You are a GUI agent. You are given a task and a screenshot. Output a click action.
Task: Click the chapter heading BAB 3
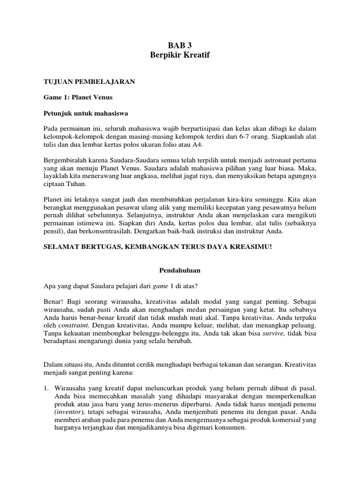[x=180, y=46]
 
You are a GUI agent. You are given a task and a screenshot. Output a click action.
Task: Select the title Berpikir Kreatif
[x=180, y=55]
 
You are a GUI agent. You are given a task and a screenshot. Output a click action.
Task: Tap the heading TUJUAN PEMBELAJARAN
[x=89, y=82]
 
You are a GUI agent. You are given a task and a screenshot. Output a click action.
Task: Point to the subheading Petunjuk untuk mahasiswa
[x=85, y=113]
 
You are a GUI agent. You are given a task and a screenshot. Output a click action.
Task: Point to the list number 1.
[x=46, y=388]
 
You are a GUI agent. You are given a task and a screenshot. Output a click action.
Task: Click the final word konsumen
[x=228, y=427]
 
